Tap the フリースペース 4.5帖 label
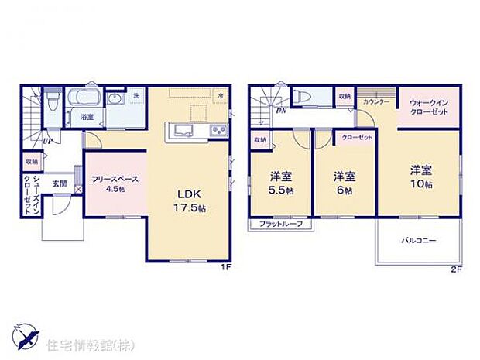(x=115, y=184)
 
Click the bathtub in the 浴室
(x=85, y=99)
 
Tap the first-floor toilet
(x=51, y=100)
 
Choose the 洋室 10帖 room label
(x=421, y=175)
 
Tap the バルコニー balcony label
(x=418, y=241)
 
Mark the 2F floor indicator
(x=458, y=270)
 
